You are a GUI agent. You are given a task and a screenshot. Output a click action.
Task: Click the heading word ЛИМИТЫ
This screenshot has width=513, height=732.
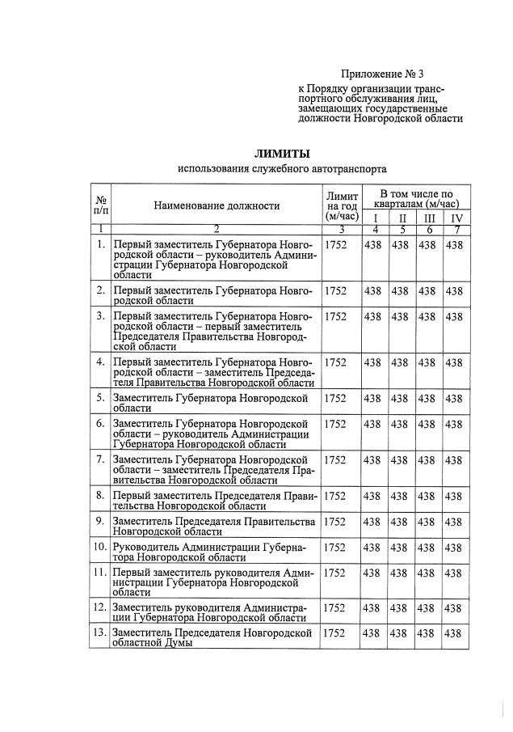(282, 153)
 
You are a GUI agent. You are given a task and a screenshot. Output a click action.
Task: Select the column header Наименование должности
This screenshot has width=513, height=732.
(217, 206)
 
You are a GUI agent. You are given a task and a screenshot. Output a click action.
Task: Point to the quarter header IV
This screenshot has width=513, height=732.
(456, 218)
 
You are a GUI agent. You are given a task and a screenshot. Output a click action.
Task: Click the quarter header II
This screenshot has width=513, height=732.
(402, 218)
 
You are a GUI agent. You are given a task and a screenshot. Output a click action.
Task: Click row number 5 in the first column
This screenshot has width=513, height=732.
(100, 397)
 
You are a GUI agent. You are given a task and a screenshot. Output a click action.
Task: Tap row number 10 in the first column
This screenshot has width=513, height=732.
(99, 548)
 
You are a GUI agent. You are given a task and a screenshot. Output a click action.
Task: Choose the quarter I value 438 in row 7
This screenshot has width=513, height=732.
(373, 459)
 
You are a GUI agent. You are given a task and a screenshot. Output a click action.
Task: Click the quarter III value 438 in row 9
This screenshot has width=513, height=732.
(428, 521)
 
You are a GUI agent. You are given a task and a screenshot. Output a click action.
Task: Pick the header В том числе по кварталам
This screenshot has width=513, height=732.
(414, 199)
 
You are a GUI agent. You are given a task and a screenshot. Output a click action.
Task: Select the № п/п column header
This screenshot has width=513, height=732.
(101, 205)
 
